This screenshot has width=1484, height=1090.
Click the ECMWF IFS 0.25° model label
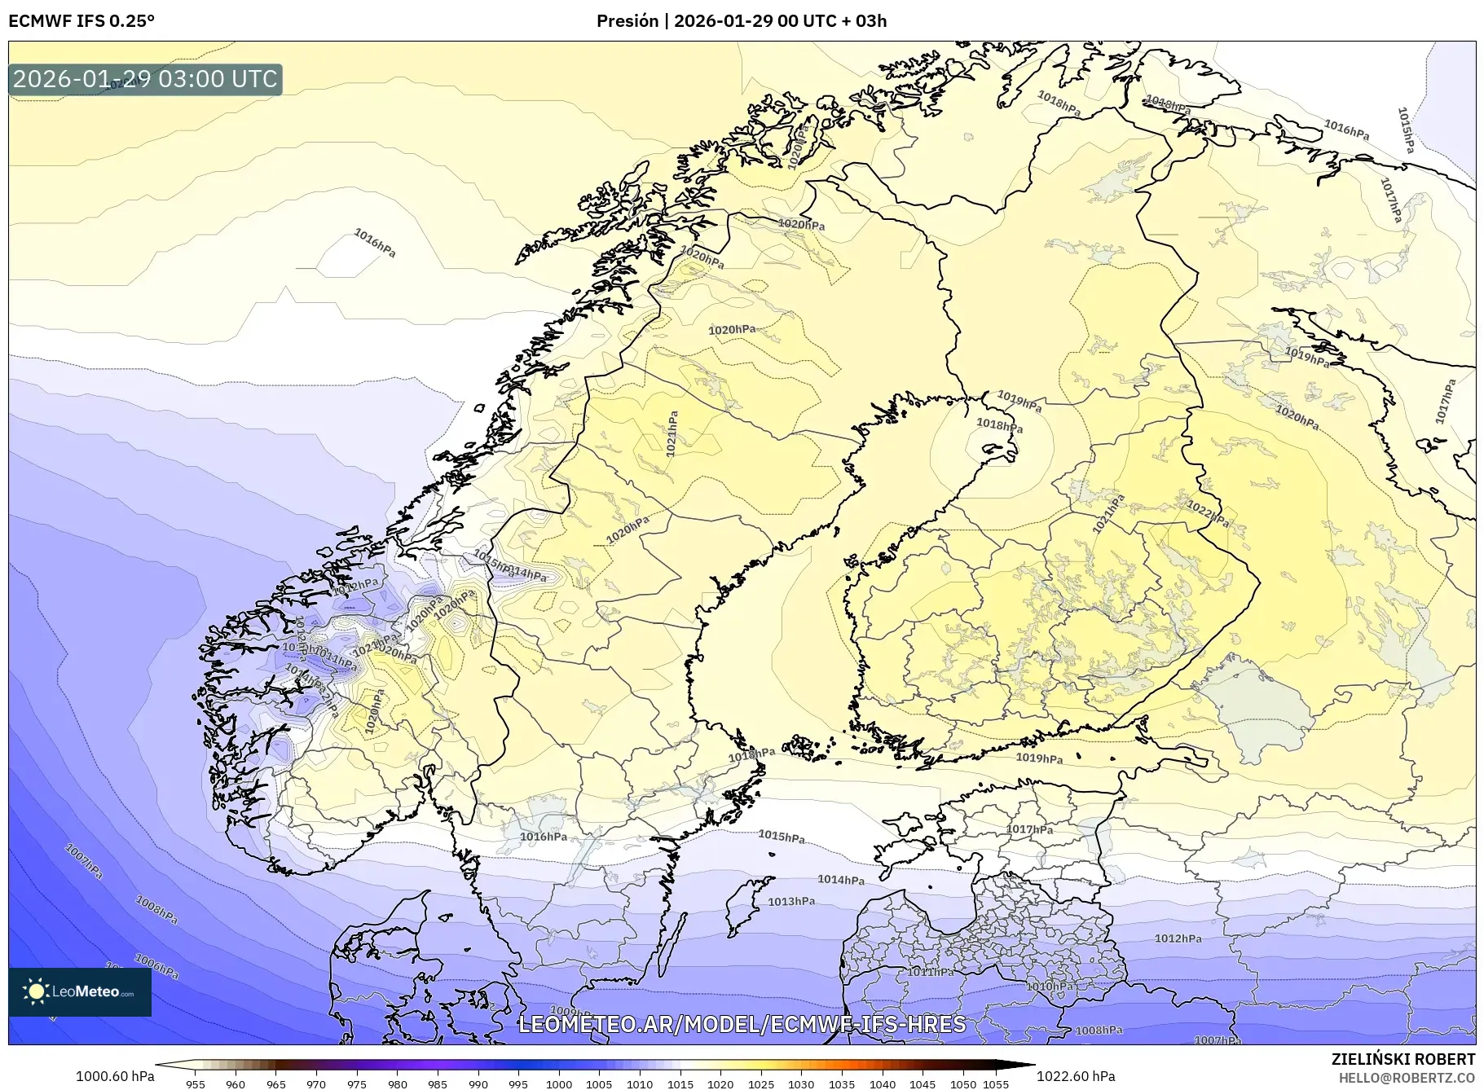pyautogui.click(x=81, y=21)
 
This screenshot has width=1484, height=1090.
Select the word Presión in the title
pyautogui.click(x=627, y=21)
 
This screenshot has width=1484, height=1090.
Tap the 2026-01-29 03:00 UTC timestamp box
pyautogui.click(x=145, y=79)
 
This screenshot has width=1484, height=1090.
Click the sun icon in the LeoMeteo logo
pyautogui.click(x=36, y=991)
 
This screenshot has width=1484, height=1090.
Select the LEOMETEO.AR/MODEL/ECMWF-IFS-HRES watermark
pyautogui.click(x=742, y=1024)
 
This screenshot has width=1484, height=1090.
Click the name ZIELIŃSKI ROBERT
pyautogui.click(x=1403, y=1059)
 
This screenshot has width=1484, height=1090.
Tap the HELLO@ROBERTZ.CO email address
pyautogui.click(x=1407, y=1078)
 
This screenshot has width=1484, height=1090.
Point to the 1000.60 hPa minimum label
pyautogui.click(x=115, y=1076)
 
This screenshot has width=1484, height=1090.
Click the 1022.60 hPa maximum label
pyautogui.click(x=1076, y=1076)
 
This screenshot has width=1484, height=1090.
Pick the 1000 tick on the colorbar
pyautogui.click(x=559, y=1083)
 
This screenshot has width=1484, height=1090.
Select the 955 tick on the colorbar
pyautogui.click(x=196, y=1083)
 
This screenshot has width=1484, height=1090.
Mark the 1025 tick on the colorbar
pyautogui.click(x=761, y=1083)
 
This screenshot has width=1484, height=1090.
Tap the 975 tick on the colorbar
pyautogui.click(x=357, y=1083)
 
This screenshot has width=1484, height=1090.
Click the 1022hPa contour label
pyautogui.click(x=1208, y=514)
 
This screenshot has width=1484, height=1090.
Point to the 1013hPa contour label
pyautogui.click(x=791, y=901)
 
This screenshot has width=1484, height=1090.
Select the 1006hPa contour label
pyautogui.click(x=156, y=966)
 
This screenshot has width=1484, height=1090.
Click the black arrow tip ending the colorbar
pyautogui.click(x=1028, y=1064)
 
